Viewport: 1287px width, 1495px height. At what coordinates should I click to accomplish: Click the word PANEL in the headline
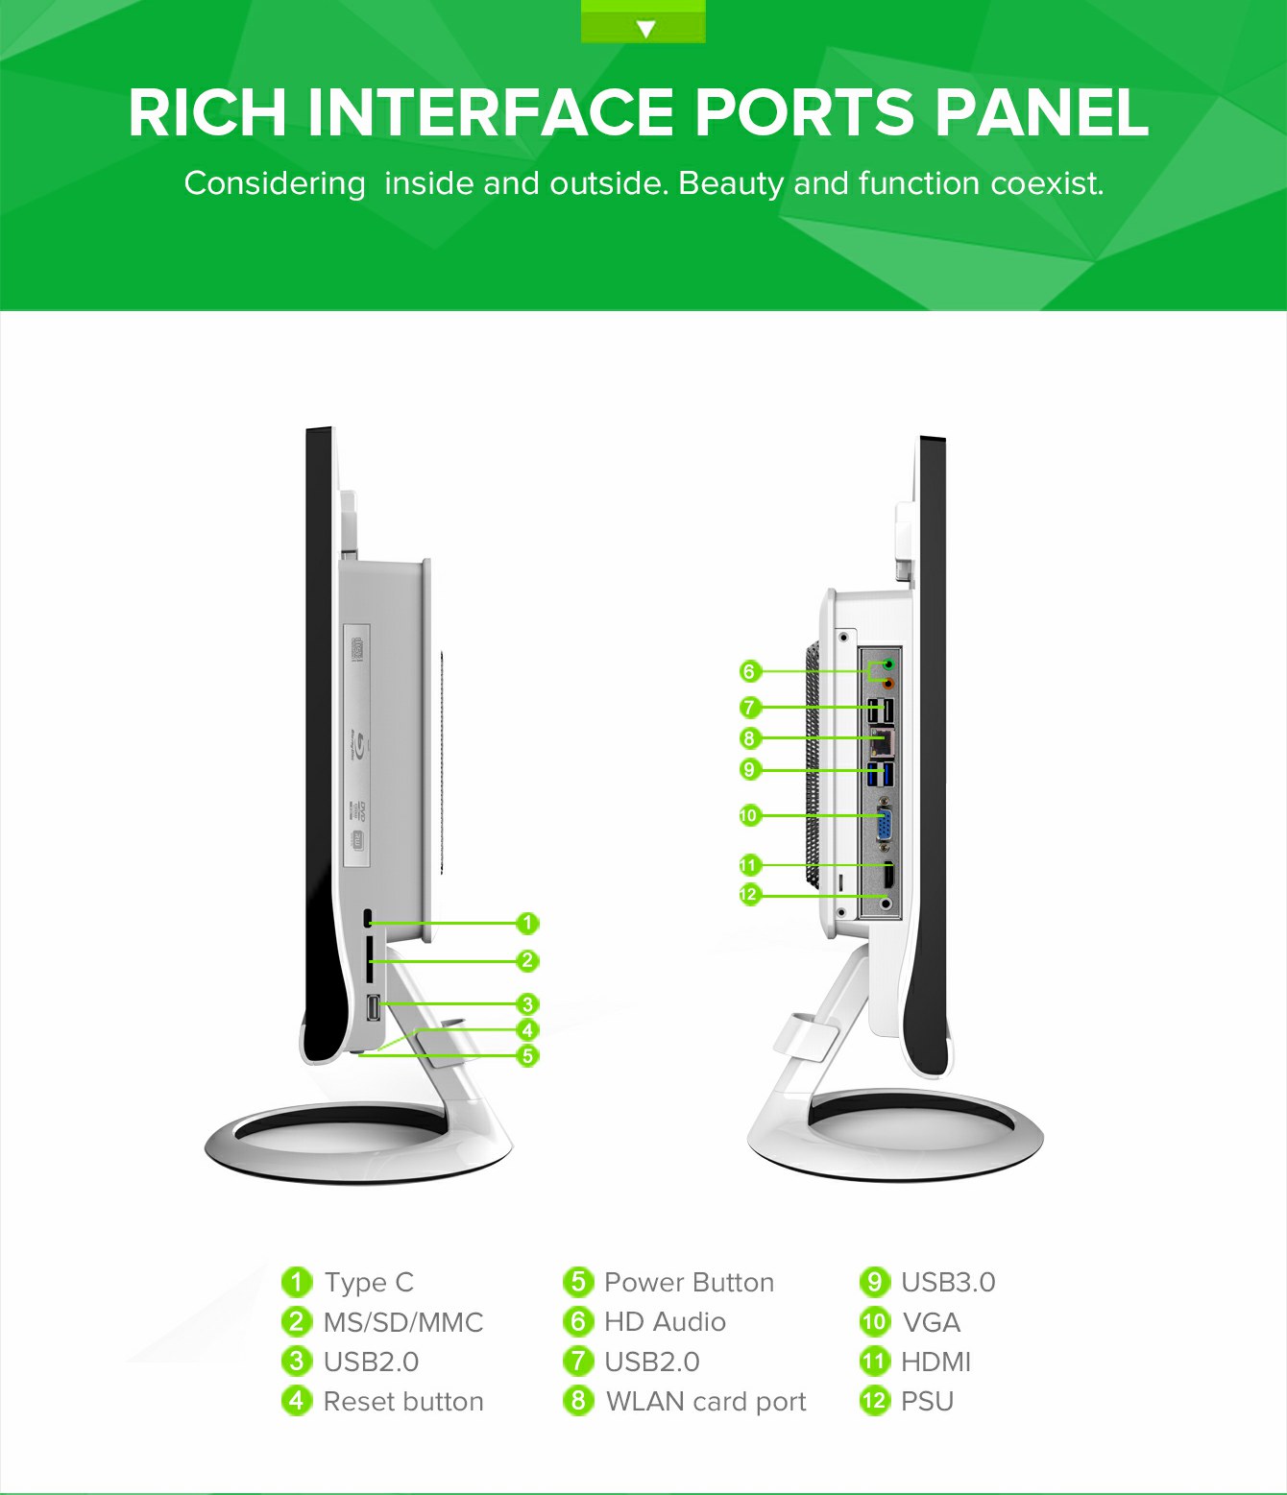[1042, 112]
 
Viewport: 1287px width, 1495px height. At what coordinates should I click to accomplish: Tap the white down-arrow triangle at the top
[646, 28]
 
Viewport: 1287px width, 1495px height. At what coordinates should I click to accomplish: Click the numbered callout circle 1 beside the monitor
[527, 923]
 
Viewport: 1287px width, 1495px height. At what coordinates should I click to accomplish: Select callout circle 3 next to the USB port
[527, 1004]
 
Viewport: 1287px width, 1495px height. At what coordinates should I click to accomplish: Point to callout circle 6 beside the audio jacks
[750, 671]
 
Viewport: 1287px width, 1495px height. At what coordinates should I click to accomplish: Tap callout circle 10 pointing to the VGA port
[749, 816]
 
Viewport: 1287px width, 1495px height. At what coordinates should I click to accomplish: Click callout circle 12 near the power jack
[749, 895]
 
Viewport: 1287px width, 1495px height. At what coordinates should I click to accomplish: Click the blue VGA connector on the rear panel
[884, 822]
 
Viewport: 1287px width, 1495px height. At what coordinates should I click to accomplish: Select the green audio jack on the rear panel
[889, 663]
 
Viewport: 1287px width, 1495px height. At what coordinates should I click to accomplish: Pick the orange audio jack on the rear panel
[889, 683]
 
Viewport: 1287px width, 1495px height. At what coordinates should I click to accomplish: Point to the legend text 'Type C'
[369, 1283]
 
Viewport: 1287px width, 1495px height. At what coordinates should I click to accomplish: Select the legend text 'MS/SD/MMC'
[403, 1322]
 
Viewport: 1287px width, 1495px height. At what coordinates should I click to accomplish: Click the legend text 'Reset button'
[403, 1401]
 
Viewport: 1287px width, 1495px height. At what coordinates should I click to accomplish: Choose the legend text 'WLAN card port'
[706, 1402]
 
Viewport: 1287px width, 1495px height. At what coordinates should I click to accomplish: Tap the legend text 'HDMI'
[935, 1362]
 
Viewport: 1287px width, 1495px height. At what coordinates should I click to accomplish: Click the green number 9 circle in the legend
[875, 1283]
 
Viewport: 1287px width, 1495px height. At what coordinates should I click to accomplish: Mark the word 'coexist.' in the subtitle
[1048, 183]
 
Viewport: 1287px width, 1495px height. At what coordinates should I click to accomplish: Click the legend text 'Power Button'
[690, 1283]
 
